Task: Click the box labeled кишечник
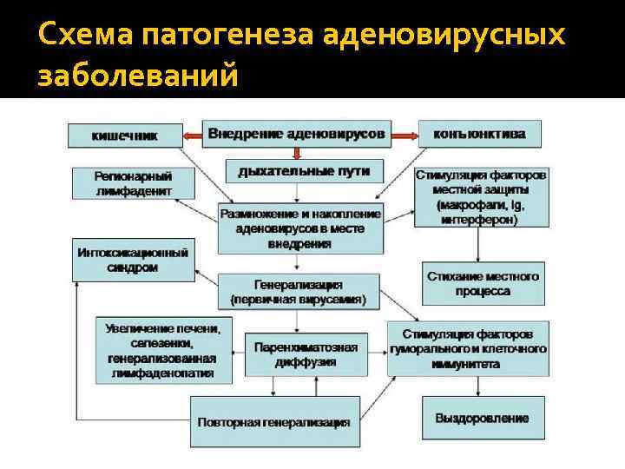pos(125,135)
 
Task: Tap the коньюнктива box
pos(478,135)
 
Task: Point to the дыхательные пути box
pos(298,171)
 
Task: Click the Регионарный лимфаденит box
pos(133,183)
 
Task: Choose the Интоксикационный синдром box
pos(133,260)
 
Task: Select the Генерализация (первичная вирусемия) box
pos(298,292)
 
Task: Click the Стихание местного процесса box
pos(483,283)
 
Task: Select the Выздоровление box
pos(482,418)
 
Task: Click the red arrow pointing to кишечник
pos(193,135)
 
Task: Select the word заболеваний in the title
pos(137,76)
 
